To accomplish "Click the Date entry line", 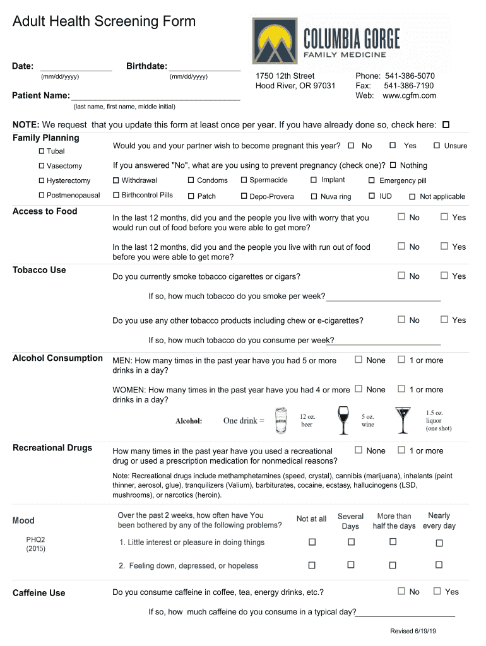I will pyautogui.click(x=76, y=68).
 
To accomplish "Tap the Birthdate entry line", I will pyautogui.click(x=204, y=68).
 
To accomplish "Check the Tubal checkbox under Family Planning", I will pyautogui.click(x=42, y=151).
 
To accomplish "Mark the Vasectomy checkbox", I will pyautogui.click(x=42, y=166).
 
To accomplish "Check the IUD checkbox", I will pyautogui.click(x=372, y=196).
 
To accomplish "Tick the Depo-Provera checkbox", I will pyautogui.click(x=244, y=196).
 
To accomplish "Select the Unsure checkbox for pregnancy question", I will pyautogui.click(x=437, y=146).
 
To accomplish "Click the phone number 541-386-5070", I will pyautogui.click(x=410, y=76).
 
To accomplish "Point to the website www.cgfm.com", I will pyautogui.click(x=409, y=96).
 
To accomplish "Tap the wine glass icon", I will pyautogui.click(x=343, y=420).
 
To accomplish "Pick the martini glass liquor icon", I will pyautogui.click(x=402, y=421).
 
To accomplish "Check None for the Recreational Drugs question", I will pyautogui.click(x=359, y=450).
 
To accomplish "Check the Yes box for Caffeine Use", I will pyautogui.click(x=437, y=591).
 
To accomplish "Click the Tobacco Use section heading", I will pyautogui.click(x=39, y=270).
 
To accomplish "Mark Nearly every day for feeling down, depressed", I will pyautogui.click(x=439, y=565).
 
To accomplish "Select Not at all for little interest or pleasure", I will pyautogui.click(x=312, y=542).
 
